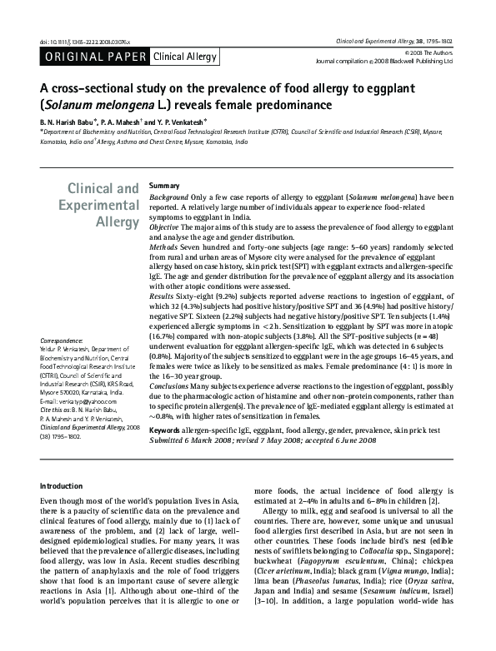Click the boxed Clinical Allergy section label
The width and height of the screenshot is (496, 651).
[x=183, y=57]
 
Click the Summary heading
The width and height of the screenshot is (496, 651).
[x=164, y=185]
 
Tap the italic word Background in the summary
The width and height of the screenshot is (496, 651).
[x=168, y=196]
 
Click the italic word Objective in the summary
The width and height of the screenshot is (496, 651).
[x=165, y=226]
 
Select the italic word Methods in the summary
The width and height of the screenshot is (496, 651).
[x=163, y=247]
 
